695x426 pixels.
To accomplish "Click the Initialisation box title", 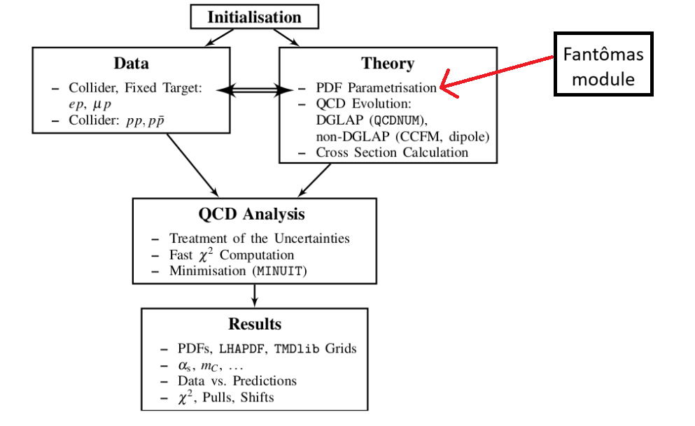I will coord(254,17).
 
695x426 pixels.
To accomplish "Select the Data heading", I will coord(132,64).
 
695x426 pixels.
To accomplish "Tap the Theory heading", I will coord(388,64).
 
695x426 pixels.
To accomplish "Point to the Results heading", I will coord(254,324).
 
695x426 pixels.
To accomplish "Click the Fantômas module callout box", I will coord(603,64).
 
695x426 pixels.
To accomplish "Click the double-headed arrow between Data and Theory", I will coord(255,89).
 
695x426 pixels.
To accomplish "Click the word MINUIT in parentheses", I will coord(279,271).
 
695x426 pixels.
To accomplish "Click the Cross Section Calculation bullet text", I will coord(392,152).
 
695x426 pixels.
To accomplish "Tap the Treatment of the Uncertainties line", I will coord(259,239).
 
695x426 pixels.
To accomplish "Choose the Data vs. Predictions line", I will coord(237,381).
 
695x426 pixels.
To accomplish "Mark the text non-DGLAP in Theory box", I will coord(346,136).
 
